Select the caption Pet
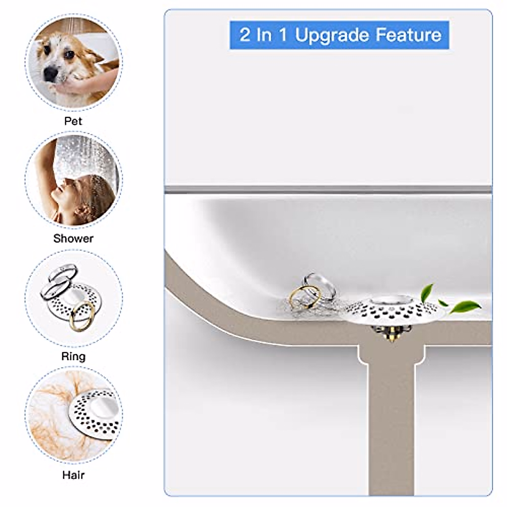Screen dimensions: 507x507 tap(73, 121)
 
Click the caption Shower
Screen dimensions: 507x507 tap(73, 239)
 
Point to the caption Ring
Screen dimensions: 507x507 tap(73, 356)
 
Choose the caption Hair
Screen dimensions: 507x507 tap(73, 475)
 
